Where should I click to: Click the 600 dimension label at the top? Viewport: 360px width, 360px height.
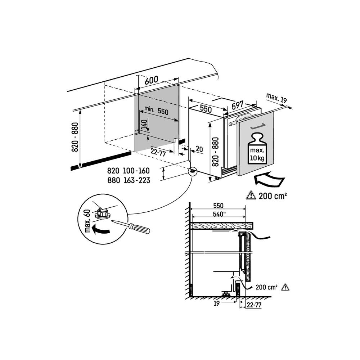coord(152,80)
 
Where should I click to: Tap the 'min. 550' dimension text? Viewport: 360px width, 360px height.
coord(156,111)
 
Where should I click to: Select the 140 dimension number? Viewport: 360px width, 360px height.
coord(144,125)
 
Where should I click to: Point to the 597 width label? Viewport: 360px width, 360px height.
coord(237,105)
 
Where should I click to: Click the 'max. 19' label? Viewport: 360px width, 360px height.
coord(276,98)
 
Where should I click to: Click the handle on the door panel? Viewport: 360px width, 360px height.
coord(258,126)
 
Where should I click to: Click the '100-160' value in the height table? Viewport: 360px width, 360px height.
coord(136,171)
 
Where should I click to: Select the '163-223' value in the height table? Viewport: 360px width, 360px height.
coord(136,180)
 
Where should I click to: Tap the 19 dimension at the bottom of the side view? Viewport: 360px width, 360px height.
coord(216,303)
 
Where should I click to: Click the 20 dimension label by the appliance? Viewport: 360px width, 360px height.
coord(199,149)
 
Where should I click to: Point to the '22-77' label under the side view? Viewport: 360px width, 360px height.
coord(254,305)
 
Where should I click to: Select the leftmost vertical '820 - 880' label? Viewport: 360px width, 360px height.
coord(75,137)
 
